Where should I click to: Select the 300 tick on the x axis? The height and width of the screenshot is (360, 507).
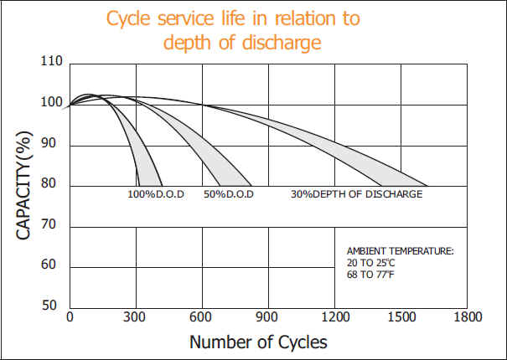pos(135,318)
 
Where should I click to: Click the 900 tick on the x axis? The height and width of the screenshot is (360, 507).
pos(267,318)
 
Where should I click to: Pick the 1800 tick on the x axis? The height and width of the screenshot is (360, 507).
pos(467,318)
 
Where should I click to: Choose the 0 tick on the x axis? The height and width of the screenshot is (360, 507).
pos(70,318)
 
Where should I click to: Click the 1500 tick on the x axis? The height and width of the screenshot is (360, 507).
pos(401,318)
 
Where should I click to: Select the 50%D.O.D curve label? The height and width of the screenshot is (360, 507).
pos(228,194)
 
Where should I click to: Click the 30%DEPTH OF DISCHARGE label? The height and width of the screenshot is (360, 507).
pos(356,194)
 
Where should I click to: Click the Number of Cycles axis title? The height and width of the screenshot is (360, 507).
pos(258,342)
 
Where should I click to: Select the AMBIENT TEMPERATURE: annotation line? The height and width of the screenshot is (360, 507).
pos(400,251)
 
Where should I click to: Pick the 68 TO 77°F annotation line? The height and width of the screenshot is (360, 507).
pos(370,273)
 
